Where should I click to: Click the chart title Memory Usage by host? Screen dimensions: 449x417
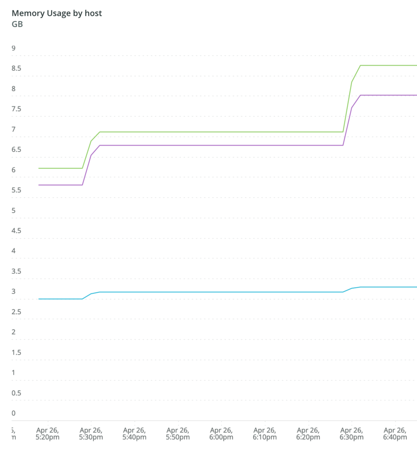57,13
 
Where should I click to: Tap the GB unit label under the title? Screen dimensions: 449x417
17,24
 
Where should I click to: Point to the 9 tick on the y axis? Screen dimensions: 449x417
13,48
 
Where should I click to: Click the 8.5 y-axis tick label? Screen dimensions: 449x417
17,68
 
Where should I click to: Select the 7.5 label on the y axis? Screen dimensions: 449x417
17,109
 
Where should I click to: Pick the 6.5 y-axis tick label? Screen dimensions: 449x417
17,150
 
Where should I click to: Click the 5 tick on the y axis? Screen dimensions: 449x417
13,210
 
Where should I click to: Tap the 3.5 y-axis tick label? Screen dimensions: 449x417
17,271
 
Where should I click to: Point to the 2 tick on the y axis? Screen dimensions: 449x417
13,332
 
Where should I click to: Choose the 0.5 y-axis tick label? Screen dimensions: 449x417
17,393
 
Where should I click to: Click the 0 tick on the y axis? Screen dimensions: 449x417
13,413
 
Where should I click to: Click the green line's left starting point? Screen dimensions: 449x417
39,168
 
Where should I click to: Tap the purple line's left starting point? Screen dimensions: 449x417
39,185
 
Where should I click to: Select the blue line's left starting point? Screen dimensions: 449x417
39,299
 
